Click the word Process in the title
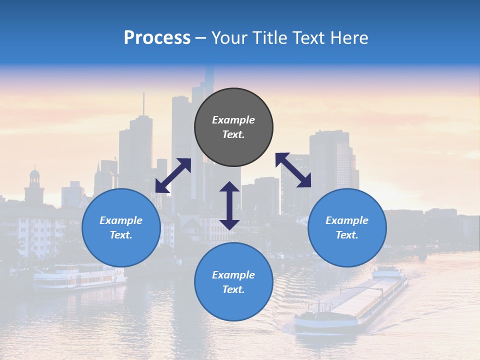[157, 38]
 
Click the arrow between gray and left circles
[173, 175]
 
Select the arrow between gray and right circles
[293, 170]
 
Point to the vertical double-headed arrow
[229, 205]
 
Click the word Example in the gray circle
[233, 120]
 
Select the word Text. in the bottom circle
[233, 289]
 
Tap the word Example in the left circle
[121, 220]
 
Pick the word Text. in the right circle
[347, 235]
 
